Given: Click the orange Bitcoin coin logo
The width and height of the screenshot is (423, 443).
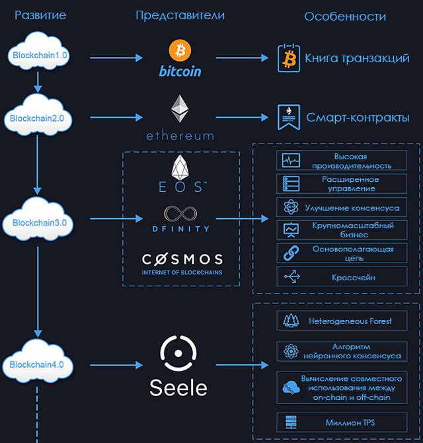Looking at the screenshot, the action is tap(180, 50).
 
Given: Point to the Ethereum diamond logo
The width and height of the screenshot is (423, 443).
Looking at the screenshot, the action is tap(180, 109).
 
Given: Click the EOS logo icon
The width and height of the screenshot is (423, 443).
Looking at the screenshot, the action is tap(180, 167).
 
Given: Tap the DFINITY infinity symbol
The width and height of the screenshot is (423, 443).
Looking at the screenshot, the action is tap(180, 214).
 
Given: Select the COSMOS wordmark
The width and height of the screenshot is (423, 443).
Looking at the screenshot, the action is tap(182, 259).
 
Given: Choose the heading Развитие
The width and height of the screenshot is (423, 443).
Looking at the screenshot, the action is tap(40, 15).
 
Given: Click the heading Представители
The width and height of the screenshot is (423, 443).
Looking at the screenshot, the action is tap(180, 16).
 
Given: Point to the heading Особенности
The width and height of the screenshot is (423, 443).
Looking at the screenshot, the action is tap(345, 17).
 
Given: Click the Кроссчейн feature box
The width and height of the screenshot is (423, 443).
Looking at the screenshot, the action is tap(342, 276).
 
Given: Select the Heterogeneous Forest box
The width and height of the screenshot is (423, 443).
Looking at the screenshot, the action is tap(342, 321).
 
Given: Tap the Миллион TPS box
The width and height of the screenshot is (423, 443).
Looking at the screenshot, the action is tap(342, 422).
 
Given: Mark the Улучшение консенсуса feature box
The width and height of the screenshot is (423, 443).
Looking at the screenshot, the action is tap(342, 207).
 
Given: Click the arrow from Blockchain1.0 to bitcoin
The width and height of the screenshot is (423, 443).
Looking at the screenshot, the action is tap(116, 58).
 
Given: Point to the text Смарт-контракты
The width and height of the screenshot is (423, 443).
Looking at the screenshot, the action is tap(358, 118).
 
